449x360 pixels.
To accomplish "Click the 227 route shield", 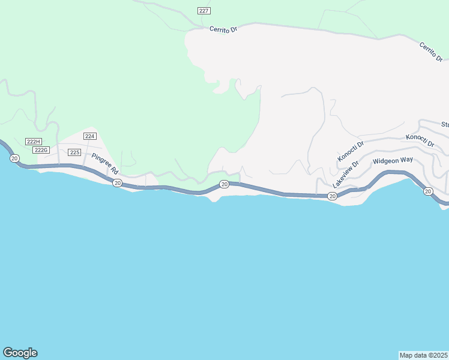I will (x=204, y=11).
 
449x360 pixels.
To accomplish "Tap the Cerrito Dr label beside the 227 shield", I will (x=224, y=29).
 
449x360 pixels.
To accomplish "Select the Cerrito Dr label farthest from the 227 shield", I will (x=431, y=52).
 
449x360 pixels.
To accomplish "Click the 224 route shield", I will (x=90, y=136).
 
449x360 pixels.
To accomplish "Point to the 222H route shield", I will (x=33, y=142).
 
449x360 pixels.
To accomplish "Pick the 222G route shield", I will (x=41, y=150).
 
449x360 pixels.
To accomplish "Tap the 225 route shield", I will (x=74, y=152).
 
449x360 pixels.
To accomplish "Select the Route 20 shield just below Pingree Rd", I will (x=118, y=182).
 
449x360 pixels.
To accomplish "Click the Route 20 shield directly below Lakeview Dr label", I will (x=332, y=196).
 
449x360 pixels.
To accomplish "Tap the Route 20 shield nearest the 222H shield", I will (x=14, y=158).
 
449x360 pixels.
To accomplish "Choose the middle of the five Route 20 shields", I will (x=224, y=184).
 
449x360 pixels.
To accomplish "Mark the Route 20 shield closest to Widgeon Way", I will (x=427, y=191).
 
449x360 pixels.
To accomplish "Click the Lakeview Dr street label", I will (x=345, y=175).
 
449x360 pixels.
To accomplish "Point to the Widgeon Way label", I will (x=393, y=161).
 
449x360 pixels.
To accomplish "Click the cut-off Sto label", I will (x=445, y=125).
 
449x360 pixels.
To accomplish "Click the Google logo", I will (x=20, y=353).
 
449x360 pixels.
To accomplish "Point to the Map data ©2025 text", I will (x=424, y=355).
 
